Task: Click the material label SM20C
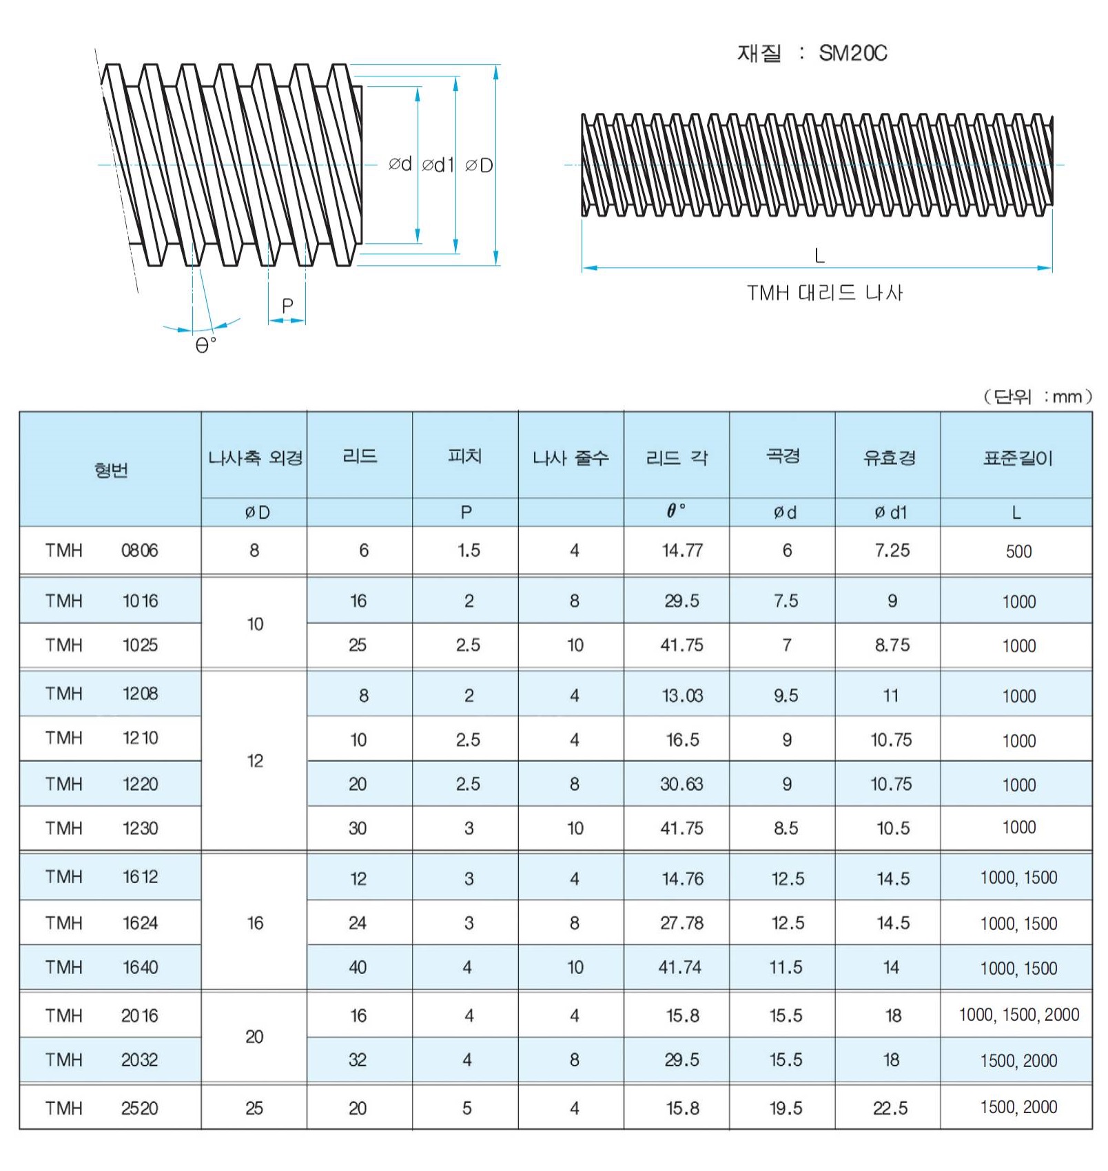(x=852, y=53)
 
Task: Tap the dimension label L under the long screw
(x=819, y=256)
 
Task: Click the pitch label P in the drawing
(x=287, y=305)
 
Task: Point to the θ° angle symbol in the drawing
(x=205, y=344)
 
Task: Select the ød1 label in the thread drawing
(x=438, y=165)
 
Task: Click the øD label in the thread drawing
(x=479, y=165)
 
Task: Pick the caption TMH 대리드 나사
(x=824, y=293)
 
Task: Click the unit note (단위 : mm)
(x=1037, y=396)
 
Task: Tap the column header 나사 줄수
(x=571, y=457)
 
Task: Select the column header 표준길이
(x=1017, y=458)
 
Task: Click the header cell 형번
(x=111, y=470)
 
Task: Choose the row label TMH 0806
(x=102, y=550)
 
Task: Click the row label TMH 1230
(x=102, y=828)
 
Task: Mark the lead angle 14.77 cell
(x=682, y=550)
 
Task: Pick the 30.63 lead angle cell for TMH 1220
(x=681, y=784)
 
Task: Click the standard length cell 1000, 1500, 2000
(x=1018, y=1015)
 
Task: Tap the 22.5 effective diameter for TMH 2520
(x=890, y=1108)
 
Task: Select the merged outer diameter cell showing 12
(x=255, y=761)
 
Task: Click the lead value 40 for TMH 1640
(x=358, y=968)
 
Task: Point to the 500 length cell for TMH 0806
(x=1018, y=551)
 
